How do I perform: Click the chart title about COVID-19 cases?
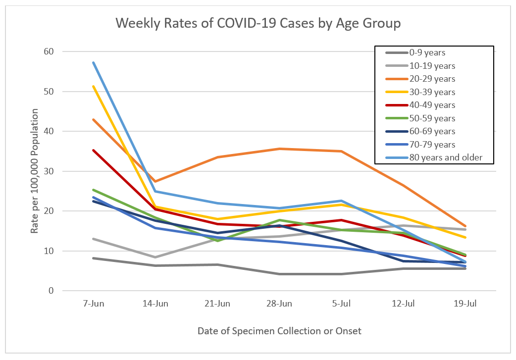coord(258,23)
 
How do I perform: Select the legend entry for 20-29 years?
coord(432,79)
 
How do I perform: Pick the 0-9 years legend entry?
coord(427,52)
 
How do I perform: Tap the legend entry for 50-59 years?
coord(432,118)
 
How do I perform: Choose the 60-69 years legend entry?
coord(432,131)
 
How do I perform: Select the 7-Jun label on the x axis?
coord(94,304)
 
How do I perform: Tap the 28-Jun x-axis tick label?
coord(280,304)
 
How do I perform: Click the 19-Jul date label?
coord(465,304)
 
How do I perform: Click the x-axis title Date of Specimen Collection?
coord(280,330)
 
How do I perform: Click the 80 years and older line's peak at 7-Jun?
coord(94,62)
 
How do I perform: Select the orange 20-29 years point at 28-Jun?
coord(280,149)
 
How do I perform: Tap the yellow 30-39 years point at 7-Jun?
coord(94,86)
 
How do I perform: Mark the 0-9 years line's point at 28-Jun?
coord(280,274)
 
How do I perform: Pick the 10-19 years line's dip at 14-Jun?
coord(155,257)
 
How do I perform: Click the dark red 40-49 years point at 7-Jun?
coord(94,150)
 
